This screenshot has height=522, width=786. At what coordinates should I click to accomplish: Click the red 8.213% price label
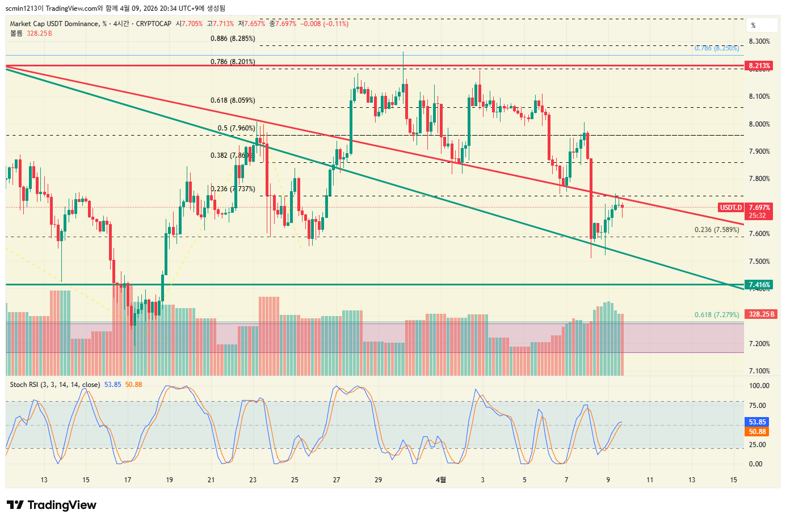[759, 66]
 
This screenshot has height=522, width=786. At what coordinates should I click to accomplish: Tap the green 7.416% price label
[759, 285]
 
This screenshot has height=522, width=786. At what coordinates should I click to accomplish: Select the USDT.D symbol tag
[731, 208]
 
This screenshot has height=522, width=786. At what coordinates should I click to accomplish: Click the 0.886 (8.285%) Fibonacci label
[233, 39]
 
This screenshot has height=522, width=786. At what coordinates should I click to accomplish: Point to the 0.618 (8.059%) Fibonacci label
[233, 100]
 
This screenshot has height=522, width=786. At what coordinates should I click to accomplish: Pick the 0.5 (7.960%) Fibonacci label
[236, 128]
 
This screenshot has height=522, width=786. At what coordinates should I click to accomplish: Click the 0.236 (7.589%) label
[717, 230]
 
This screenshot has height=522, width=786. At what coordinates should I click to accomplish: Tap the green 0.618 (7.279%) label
[717, 314]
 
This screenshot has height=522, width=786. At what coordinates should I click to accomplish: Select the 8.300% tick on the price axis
[759, 41]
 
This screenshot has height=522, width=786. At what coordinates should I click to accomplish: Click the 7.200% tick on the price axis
[759, 344]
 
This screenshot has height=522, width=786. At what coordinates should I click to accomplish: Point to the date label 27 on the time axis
[337, 480]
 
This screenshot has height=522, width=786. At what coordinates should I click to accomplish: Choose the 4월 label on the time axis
[440, 480]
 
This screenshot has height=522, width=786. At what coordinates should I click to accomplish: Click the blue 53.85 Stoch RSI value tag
[757, 422]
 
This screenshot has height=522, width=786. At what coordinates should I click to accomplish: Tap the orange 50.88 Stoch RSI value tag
[757, 432]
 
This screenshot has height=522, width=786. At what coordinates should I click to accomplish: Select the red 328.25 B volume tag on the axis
[761, 314]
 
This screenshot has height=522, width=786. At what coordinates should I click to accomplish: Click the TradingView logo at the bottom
[52, 505]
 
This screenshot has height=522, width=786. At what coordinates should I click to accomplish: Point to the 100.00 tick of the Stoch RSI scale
[759, 386]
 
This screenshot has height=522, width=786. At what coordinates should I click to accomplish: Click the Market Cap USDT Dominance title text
[54, 24]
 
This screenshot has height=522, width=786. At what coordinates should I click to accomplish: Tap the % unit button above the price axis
[754, 26]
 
